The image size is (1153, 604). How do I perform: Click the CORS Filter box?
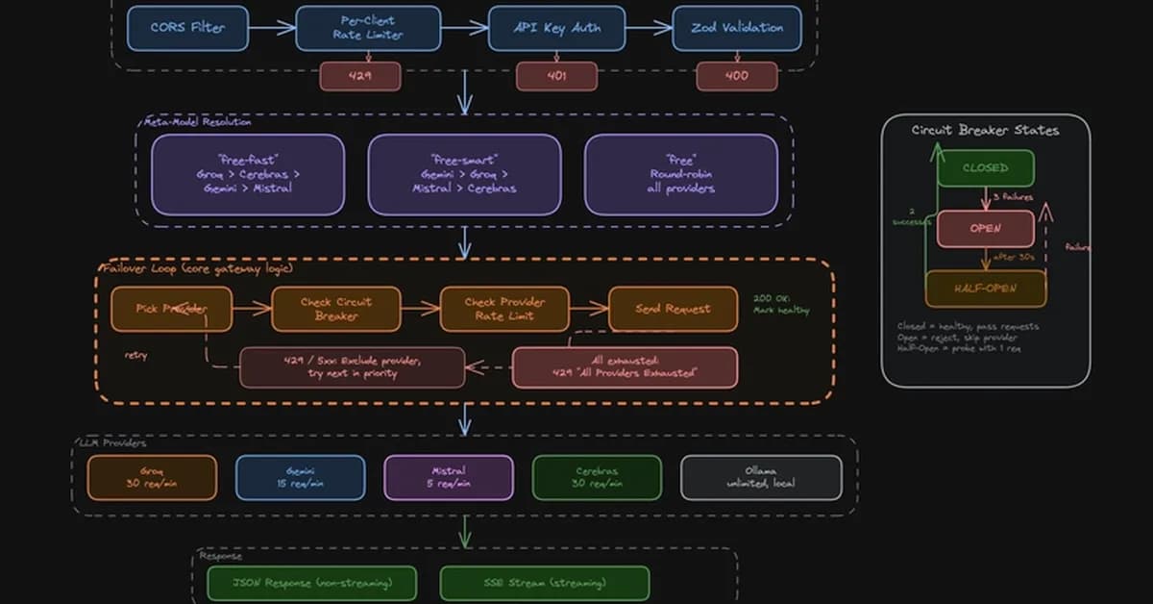(x=187, y=28)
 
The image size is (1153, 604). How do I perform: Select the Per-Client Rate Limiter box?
(x=368, y=28)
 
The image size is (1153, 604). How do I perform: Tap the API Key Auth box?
(x=558, y=28)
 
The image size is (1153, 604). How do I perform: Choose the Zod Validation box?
(x=737, y=28)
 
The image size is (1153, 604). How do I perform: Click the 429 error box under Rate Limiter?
(x=360, y=76)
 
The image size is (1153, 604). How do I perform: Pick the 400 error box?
(x=737, y=76)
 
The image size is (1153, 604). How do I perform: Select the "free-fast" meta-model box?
(x=247, y=174)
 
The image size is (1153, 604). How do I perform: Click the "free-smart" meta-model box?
(x=464, y=174)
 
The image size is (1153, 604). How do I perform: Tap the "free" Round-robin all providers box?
(x=680, y=174)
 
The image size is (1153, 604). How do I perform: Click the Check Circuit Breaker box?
(x=335, y=309)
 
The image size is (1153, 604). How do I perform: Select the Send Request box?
(x=674, y=309)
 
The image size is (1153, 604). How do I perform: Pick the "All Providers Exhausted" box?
(x=625, y=366)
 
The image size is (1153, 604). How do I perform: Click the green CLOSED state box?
(x=985, y=168)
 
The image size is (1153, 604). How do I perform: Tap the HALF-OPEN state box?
(x=985, y=289)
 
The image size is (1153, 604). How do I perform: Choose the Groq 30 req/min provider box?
(x=152, y=477)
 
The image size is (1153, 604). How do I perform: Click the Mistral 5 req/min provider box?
(x=448, y=477)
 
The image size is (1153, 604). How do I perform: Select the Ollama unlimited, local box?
(x=761, y=477)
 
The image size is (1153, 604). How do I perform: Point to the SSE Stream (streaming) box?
(x=544, y=583)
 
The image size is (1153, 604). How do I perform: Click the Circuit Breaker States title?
(x=985, y=130)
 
